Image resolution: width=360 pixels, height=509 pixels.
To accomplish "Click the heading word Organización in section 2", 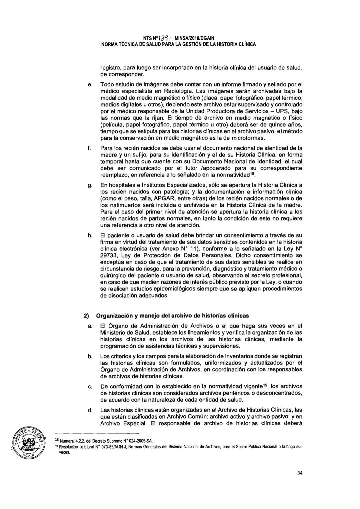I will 115,316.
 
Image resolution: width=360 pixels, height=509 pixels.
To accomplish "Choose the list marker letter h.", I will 90,235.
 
